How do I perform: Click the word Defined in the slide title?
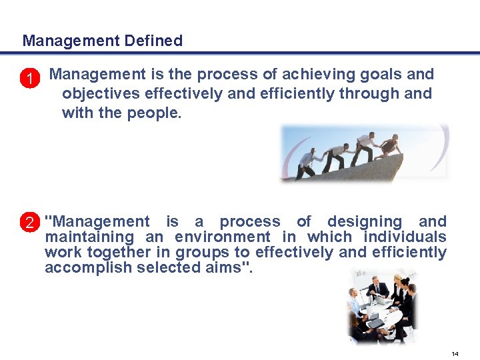[153, 41]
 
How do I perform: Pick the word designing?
[364, 221]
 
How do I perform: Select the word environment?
[223, 237]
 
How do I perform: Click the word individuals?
[405, 237]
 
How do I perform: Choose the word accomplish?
[88, 267]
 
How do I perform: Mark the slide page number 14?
[455, 353]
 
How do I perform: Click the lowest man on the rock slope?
[307, 163]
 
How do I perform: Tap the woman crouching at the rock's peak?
[389, 145]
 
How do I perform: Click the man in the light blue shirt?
[355, 306]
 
